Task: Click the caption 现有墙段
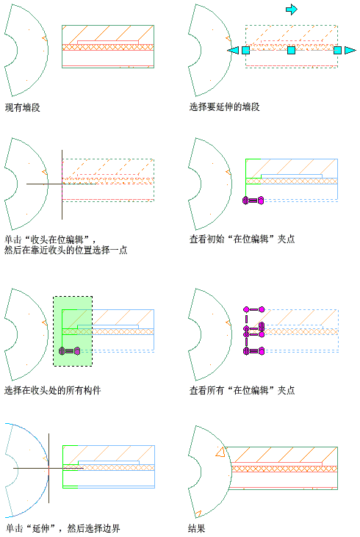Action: tap(23, 107)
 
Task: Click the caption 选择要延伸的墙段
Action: tap(224, 107)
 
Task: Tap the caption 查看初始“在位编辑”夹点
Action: tap(242, 239)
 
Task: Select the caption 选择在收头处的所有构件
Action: tap(52, 390)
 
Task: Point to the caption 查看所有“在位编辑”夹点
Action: tap(242, 390)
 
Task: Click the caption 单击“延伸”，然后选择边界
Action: tap(62, 528)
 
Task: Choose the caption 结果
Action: tap(197, 528)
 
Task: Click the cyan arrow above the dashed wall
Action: tap(292, 10)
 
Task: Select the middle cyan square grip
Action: tap(291, 51)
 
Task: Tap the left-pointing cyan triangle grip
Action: tap(233, 51)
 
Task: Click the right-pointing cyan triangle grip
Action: tap(350, 51)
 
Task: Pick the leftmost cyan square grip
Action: tap(245, 51)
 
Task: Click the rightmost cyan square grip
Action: tap(337, 51)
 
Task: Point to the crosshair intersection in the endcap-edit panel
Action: tap(62, 184)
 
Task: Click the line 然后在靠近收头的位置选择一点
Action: tap(66, 250)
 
